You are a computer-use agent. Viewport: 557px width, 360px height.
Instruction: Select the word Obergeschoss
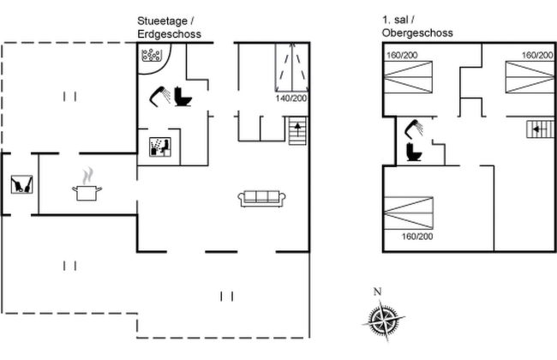click(x=417, y=33)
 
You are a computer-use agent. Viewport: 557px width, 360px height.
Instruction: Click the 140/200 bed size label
click(x=292, y=99)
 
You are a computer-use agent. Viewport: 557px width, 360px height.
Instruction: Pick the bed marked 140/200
click(x=291, y=67)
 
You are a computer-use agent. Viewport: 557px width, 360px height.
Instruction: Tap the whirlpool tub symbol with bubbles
click(x=153, y=56)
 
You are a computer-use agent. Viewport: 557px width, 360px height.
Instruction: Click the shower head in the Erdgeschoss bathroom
click(x=159, y=95)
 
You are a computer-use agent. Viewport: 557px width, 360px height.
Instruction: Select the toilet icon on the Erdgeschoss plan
click(x=183, y=95)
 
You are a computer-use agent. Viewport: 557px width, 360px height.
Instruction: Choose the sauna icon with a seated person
click(x=159, y=147)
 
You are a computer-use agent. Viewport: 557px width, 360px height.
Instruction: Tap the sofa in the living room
click(x=261, y=198)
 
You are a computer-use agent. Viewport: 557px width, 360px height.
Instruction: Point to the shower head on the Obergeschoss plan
click(x=416, y=129)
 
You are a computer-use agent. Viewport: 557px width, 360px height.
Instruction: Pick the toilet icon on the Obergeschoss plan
click(x=413, y=153)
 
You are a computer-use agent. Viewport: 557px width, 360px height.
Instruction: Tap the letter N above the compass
click(x=378, y=291)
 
